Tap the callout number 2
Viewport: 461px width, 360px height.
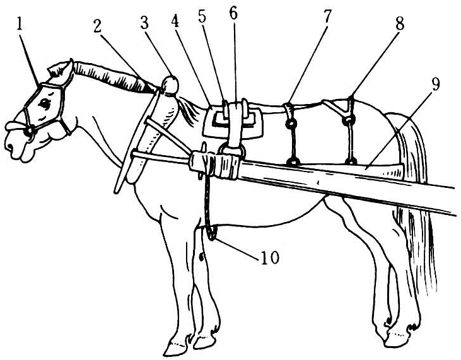point(98,26)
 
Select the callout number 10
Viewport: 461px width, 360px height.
point(269,258)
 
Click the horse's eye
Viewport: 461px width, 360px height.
point(45,103)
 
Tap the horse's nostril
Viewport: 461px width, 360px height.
point(9,146)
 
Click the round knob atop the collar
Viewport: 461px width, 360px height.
point(170,84)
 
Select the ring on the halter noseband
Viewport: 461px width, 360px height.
point(30,130)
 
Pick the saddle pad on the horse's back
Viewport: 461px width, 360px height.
point(233,122)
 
